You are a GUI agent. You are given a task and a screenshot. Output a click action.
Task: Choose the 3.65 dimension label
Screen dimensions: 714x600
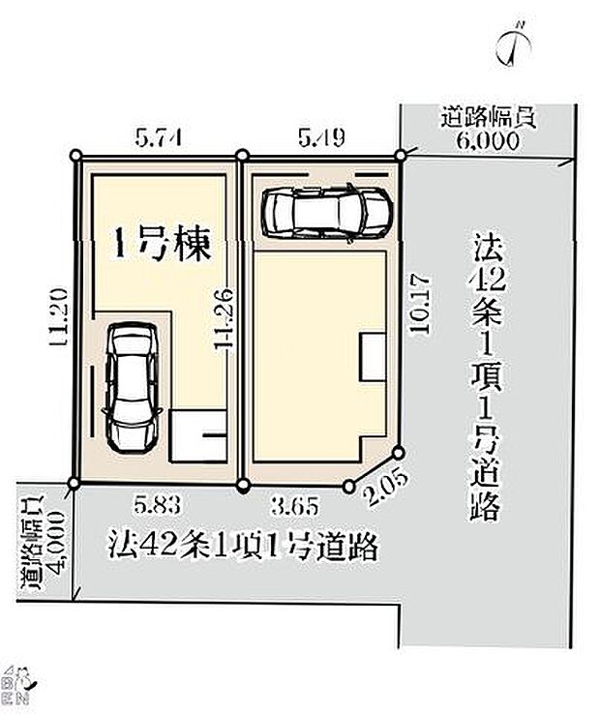[x=294, y=504]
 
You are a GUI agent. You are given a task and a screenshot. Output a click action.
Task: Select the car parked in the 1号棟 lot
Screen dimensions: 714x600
[x=132, y=385]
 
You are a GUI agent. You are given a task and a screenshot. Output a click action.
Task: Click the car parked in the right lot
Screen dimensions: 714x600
[x=327, y=209]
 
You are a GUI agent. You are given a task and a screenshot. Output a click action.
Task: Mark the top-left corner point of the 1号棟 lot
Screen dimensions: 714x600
[x=79, y=158]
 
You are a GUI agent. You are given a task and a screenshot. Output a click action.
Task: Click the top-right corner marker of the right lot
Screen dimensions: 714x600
[x=399, y=155]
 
